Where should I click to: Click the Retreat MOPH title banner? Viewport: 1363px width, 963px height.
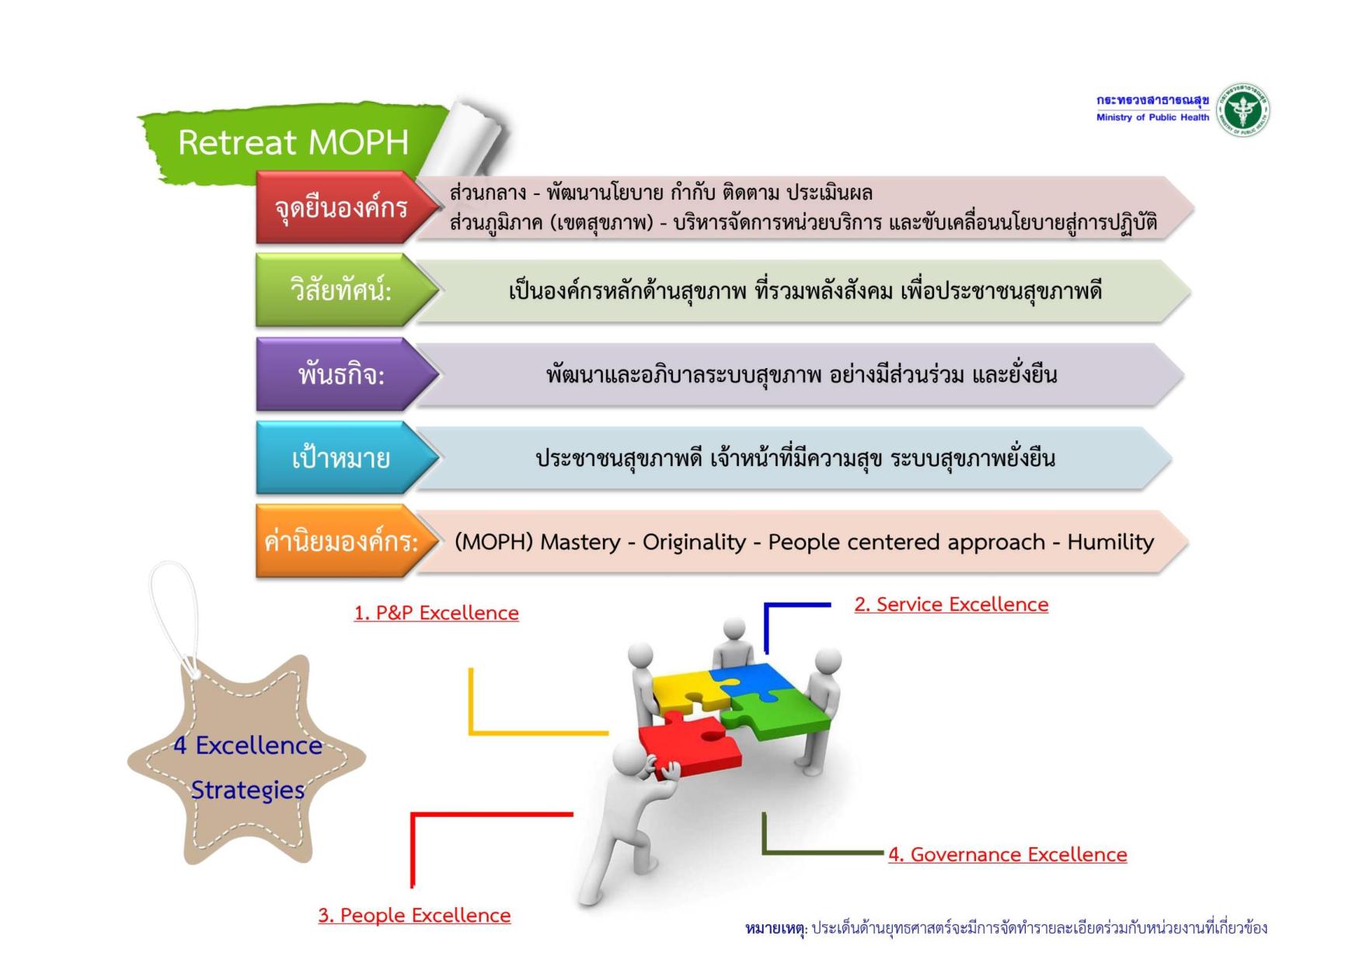(x=293, y=142)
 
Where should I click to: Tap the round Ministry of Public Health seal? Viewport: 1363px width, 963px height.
(x=1243, y=110)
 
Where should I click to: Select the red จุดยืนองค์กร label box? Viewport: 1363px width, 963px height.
(x=340, y=208)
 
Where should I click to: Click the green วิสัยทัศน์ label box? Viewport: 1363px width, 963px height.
(x=340, y=291)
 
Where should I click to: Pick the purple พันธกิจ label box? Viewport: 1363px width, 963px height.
(x=340, y=374)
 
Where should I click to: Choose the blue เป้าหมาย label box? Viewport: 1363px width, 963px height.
(x=340, y=458)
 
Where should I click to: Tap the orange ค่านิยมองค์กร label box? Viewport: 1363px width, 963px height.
(x=340, y=541)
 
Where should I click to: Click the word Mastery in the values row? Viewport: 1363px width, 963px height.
(x=580, y=541)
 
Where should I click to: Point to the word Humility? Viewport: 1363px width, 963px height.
(x=1110, y=541)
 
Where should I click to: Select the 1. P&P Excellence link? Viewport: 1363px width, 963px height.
(x=436, y=613)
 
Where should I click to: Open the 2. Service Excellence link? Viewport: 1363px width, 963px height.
(x=951, y=604)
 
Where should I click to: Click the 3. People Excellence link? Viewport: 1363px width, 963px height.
(x=414, y=915)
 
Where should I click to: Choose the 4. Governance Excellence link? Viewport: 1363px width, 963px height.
(x=1007, y=854)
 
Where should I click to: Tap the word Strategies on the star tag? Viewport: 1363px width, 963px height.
(x=248, y=790)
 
